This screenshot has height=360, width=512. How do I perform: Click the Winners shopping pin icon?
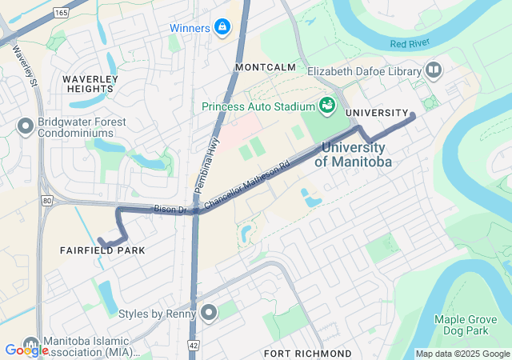click(222, 29)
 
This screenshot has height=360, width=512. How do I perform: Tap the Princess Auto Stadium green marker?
click(326, 106)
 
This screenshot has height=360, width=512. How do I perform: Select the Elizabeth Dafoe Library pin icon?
click(434, 71)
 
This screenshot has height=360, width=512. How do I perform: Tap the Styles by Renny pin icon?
click(209, 313)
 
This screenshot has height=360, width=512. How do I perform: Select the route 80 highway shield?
click(47, 200)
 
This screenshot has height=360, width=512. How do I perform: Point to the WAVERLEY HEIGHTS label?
click(90, 85)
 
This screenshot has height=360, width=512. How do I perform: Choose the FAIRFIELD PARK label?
click(102, 250)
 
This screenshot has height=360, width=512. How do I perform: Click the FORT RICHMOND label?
click(307, 353)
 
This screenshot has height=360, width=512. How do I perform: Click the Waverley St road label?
click(25, 65)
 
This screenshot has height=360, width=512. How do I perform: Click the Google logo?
click(26, 350)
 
